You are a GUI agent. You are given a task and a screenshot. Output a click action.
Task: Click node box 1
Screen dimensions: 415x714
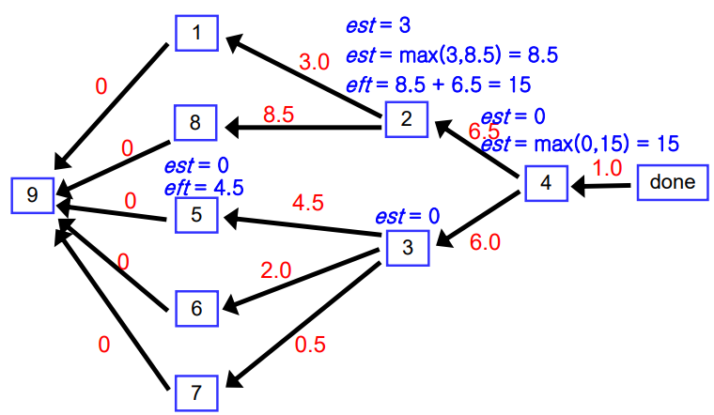pyautogui.click(x=196, y=34)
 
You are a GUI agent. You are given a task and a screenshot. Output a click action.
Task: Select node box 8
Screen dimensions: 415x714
pyautogui.click(x=195, y=123)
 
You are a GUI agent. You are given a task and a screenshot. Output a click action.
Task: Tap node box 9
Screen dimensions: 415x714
pyautogui.click(x=33, y=195)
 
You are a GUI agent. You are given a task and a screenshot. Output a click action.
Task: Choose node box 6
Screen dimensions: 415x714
pyautogui.click(x=196, y=308)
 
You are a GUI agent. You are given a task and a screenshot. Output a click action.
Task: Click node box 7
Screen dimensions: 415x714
pyautogui.click(x=196, y=390)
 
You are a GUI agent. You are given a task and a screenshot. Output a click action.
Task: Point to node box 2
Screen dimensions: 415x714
pyautogui.click(x=407, y=119)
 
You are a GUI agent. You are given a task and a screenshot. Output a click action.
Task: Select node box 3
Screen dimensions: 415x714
pyautogui.click(x=407, y=248)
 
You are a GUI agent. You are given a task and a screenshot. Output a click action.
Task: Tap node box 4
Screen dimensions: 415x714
pyautogui.click(x=546, y=182)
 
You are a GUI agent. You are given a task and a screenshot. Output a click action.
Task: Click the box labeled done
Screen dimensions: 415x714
pyautogui.click(x=672, y=182)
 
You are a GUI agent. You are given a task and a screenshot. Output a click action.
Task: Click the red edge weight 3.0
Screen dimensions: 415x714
pyautogui.click(x=314, y=63)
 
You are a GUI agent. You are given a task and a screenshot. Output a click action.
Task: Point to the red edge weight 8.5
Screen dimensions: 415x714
pyautogui.click(x=279, y=115)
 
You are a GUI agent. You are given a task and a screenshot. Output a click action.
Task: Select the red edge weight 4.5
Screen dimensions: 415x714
pyautogui.click(x=309, y=203)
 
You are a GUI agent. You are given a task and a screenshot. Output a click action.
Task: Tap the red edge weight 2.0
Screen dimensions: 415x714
pyautogui.click(x=276, y=270)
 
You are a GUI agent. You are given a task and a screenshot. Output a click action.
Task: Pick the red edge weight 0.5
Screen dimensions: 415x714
pyautogui.click(x=310, y=345)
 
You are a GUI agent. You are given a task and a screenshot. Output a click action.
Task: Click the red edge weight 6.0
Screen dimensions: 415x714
pyautogui.click(x=485, y=242)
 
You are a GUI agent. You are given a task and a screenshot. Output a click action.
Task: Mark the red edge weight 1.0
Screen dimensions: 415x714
pyautogui.click(x=607, y=168)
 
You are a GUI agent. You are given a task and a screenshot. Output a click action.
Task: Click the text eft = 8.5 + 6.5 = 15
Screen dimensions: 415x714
pyautogui.click(x=438, y=85)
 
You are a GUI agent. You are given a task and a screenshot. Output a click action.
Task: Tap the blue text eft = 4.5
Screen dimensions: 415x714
pyautogui.click(x=204, y=187)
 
